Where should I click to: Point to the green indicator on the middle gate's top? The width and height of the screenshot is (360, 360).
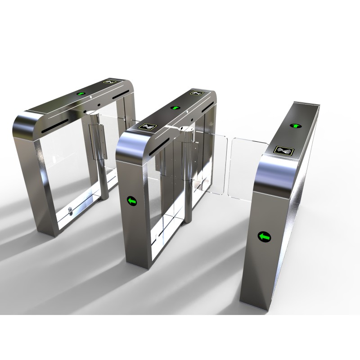coord(174,108)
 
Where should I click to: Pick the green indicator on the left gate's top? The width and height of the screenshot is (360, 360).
coord(81,94)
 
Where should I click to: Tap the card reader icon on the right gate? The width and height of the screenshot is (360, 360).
coord(283,150)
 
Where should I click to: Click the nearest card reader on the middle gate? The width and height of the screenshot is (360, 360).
coord(149,127)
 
